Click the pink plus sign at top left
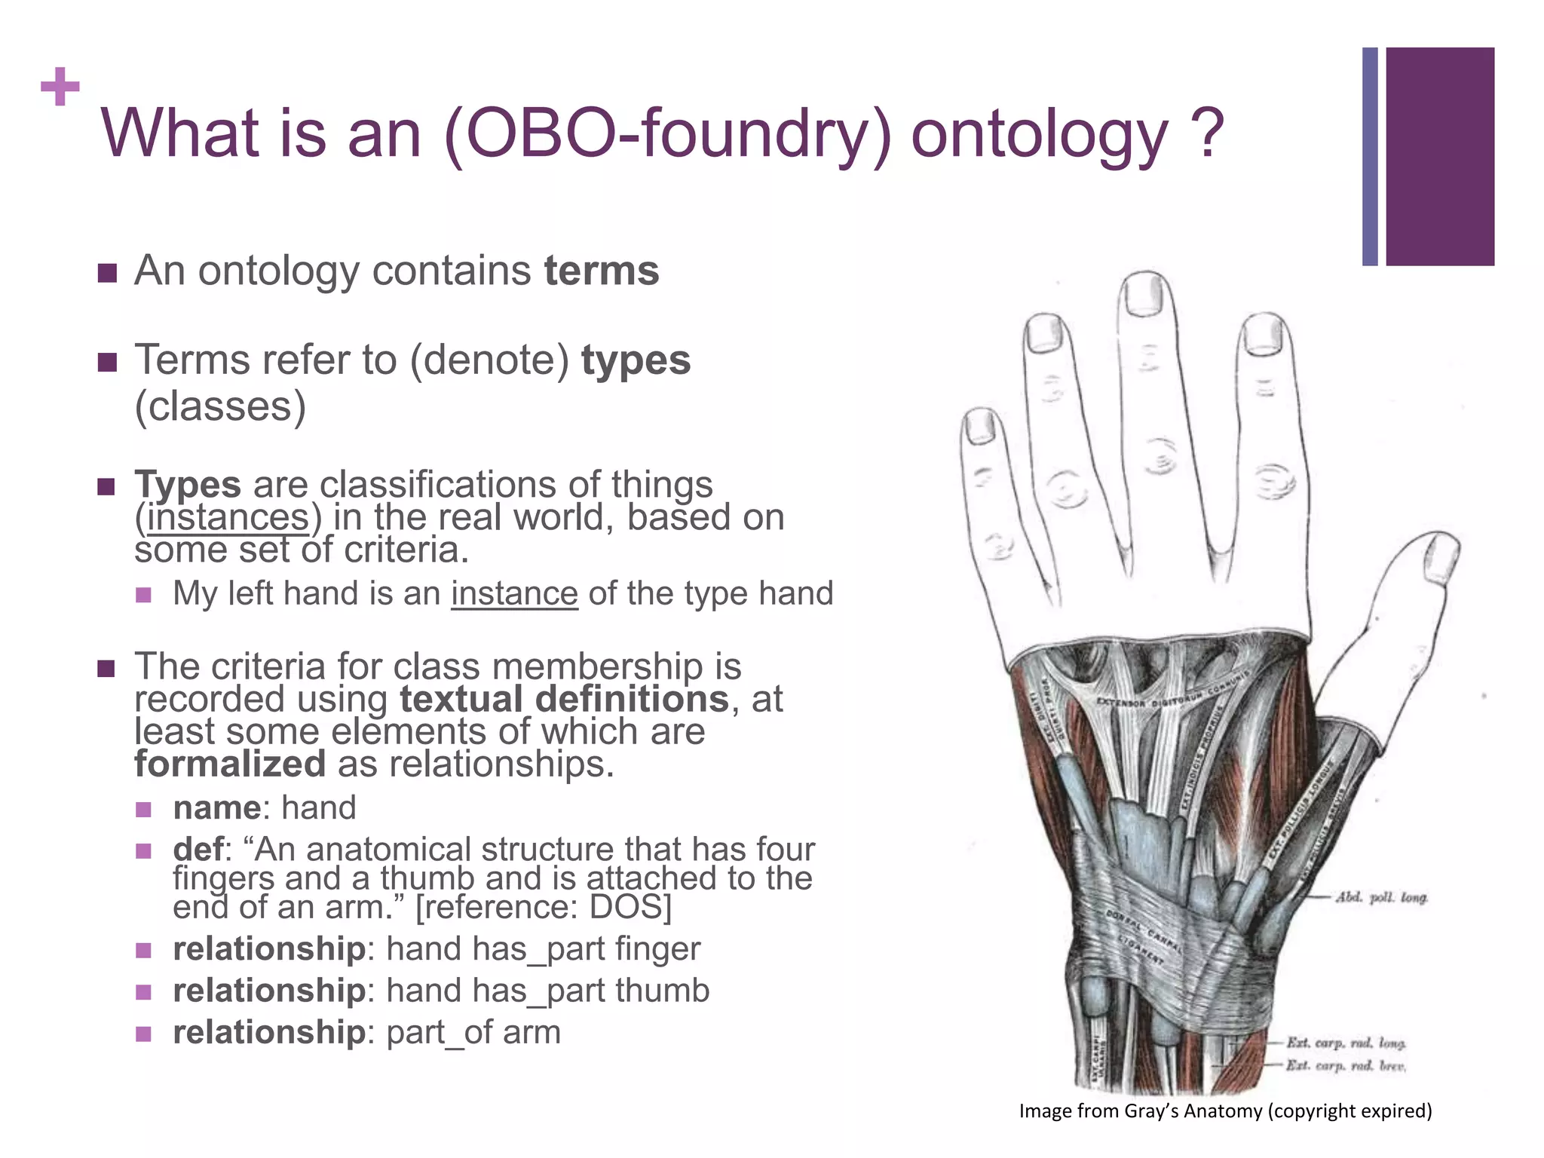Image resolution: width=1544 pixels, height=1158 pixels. coord(60,87)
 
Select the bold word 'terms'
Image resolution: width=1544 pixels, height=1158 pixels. coord(601,271)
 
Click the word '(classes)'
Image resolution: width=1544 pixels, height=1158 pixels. coord(220,407)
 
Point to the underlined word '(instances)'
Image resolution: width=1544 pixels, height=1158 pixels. coord(228,518)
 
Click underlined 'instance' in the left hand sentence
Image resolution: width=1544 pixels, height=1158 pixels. coord(514,593)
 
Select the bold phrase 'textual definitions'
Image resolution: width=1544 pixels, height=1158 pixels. coord(564,699)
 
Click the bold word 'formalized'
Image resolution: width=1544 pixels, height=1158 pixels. coord(230,764)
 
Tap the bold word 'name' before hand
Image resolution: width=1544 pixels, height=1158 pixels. coord(216,807)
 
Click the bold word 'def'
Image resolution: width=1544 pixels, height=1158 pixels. coord(198,850)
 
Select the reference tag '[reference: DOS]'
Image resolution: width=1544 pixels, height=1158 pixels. coord(543,907)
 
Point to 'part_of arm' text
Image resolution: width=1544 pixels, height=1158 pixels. coord(473,1032)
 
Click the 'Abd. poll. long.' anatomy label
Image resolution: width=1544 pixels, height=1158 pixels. coord(1381,897)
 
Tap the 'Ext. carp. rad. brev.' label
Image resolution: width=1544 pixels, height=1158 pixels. coord(1345,1065)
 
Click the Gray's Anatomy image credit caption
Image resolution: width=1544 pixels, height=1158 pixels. coord(1225,1111)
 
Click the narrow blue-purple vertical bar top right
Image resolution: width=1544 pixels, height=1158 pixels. coord(1370,156)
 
